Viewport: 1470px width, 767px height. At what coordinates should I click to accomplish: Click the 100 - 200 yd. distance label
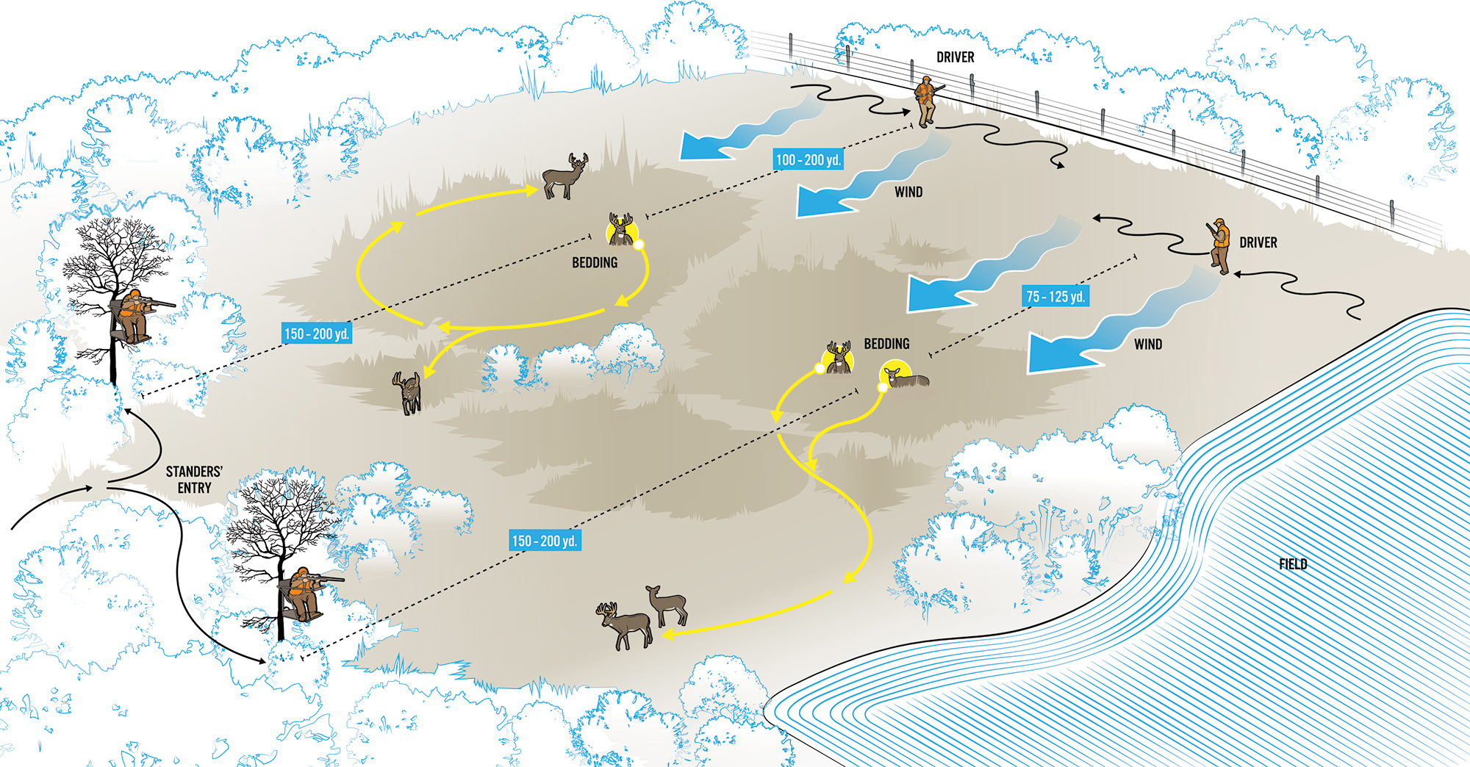808,159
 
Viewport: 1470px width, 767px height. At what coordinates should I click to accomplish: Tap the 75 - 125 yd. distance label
1055,296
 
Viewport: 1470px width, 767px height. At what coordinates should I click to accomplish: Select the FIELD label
1293,564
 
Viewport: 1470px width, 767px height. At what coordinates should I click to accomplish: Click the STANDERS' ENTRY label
194,480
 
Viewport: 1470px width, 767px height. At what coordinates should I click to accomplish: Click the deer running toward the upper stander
409,392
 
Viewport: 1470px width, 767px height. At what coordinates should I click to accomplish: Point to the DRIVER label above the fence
955,57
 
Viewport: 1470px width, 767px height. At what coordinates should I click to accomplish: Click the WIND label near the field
1147,345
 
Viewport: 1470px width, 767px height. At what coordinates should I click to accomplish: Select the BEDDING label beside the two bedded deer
886,344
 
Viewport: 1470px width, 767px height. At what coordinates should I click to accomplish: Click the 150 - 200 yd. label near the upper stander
316,334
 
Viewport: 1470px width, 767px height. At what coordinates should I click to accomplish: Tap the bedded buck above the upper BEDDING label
621,231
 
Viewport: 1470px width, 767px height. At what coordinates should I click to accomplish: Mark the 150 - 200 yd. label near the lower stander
545,541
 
